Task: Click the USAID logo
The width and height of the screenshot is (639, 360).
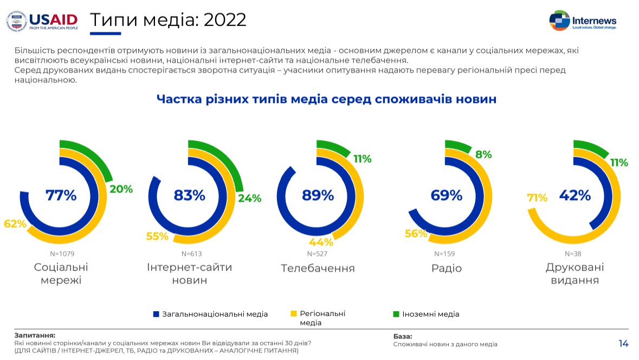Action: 42,20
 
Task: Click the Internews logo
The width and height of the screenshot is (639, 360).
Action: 582,21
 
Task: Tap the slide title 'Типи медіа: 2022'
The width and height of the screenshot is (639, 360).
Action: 167,20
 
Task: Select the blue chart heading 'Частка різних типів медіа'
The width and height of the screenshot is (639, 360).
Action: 326,99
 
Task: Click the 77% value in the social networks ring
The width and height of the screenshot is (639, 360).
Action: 61,195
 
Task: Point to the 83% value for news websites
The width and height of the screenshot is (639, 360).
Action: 189,195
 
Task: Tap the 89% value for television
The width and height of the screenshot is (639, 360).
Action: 318,195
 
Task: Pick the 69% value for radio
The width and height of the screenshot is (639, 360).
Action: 447,195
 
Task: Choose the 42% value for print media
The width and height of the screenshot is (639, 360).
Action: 575,195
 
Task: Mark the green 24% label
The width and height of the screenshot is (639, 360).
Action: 250,198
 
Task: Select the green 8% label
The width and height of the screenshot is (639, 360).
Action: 483,155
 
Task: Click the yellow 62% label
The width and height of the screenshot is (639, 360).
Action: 15,223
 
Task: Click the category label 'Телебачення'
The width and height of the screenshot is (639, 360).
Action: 318,268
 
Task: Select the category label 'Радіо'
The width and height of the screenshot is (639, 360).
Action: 447,268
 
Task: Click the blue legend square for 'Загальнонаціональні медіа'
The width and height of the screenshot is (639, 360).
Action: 156,314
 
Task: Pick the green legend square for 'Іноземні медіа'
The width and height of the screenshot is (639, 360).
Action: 396,314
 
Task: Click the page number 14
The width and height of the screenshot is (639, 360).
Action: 623,343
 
